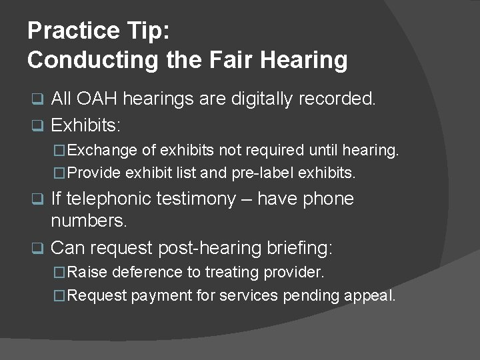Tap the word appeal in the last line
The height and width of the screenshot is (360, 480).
click(373, 295)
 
